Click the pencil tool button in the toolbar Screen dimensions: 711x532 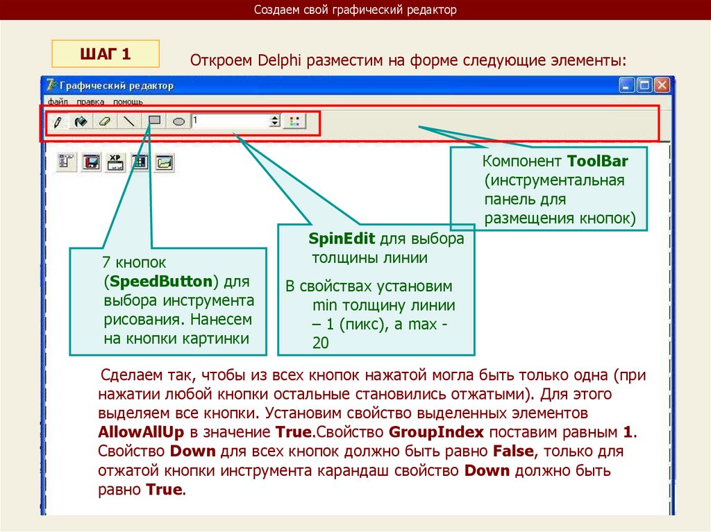pos(58,121)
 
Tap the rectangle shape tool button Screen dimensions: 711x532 pos(156,121)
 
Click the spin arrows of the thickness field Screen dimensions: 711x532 pos(275,121)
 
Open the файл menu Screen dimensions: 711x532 pos(57,101)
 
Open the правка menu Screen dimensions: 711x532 pos(90,101)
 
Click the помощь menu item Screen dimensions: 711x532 pos(128,101)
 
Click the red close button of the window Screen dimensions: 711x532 pos(661,85)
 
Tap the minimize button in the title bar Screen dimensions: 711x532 pos(628,85)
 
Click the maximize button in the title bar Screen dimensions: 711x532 pos(644,85)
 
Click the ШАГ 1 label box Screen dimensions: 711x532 pos(106,53)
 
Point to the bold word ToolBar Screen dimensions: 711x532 pos(597,162)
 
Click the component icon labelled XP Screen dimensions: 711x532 pos(115,162)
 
